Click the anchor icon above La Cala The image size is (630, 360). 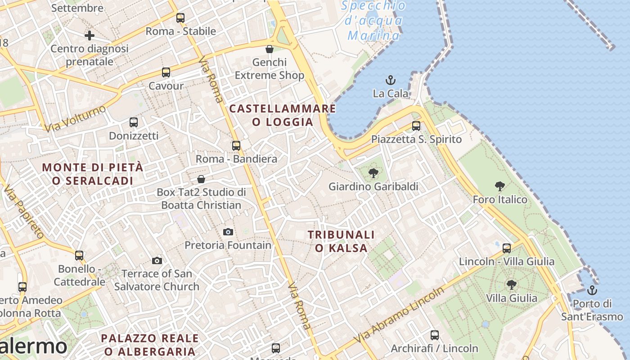391,81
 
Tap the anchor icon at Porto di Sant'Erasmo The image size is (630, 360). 592,290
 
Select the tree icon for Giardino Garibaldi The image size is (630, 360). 373,173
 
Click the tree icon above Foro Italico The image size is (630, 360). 499,186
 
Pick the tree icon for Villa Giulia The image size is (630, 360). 511,284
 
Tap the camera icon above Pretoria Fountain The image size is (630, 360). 228,232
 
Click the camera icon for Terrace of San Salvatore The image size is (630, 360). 157,261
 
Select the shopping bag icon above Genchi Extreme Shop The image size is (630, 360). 270,49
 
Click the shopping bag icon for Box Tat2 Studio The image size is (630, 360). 201,179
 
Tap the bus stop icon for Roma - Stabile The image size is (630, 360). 180,18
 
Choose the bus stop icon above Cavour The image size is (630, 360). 166,72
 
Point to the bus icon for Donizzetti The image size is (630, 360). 134,122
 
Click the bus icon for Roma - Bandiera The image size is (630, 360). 236,146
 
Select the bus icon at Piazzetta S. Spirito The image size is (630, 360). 416,126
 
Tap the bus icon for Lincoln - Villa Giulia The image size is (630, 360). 507,248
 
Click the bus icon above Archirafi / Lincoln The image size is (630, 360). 435,335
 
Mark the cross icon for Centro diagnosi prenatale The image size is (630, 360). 90,35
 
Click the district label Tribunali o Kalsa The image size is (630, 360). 341,241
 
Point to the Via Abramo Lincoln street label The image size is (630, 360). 399,315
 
